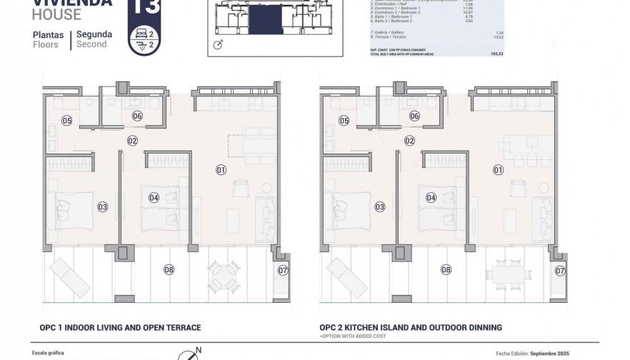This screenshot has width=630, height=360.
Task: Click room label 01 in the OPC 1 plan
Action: pos(221,170)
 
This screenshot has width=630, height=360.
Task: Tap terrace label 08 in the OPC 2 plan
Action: pos(446,269)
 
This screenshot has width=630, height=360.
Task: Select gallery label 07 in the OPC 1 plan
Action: pos(283,270)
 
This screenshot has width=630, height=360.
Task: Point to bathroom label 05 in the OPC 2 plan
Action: pos(344,121)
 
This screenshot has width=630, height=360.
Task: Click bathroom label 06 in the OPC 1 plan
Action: pos(137,116)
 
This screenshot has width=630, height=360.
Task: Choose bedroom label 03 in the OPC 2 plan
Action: pos(379,206)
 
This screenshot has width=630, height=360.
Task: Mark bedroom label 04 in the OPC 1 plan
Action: pos(154,197)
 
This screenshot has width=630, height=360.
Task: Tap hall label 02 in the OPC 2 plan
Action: pos(409,141)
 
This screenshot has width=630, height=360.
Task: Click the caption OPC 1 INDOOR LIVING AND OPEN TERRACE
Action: pos(120,328)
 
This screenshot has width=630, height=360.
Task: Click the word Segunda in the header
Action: pos(93,34)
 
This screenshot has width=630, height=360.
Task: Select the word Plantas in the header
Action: pos(48,34)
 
